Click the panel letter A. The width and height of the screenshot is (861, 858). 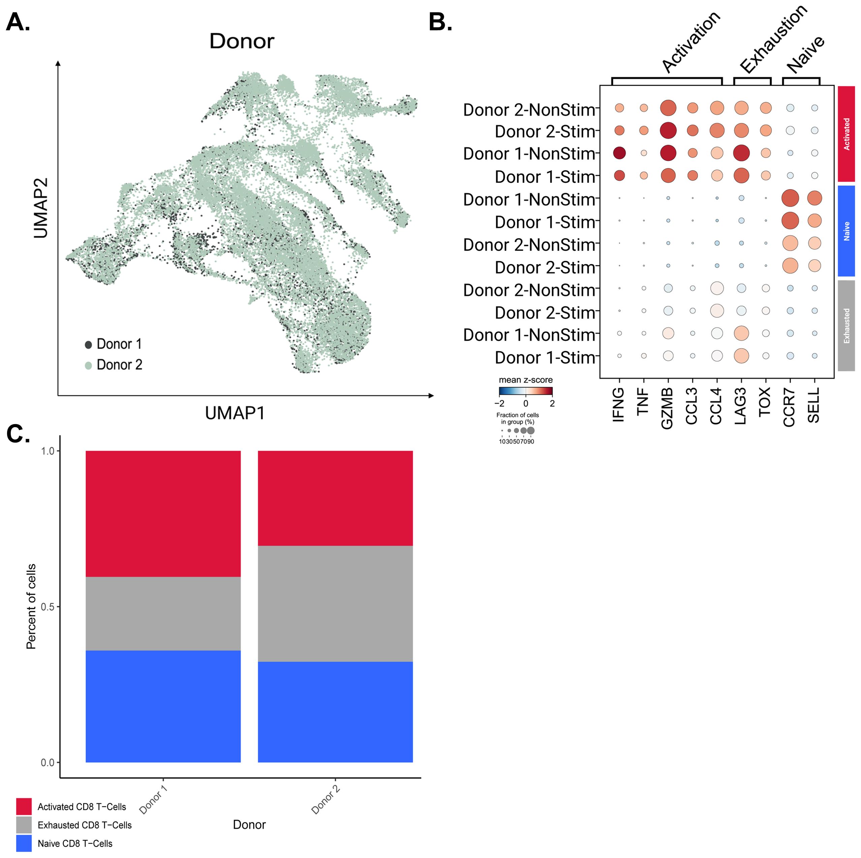(18, 22)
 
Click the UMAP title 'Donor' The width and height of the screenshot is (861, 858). (242, 41)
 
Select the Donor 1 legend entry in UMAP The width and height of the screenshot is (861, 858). (113, 344)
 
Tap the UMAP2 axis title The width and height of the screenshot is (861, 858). (41, 208)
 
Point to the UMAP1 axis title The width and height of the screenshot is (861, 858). (235, 413)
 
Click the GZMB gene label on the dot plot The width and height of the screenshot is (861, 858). (667, 408)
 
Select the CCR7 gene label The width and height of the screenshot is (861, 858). (789, 407)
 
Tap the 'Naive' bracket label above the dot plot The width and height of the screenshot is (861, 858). (805, 54)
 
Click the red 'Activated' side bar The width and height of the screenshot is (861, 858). (846, 134)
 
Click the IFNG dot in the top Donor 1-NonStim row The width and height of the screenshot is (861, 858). (619, 153)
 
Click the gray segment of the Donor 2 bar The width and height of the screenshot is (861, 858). (335, 603)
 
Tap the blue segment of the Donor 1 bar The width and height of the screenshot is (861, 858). (163, 706)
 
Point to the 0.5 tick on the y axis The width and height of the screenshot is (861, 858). (47, 607)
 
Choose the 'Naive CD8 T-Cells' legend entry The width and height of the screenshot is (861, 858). (74, 843)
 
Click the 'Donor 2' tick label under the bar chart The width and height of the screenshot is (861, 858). (326, 800)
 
